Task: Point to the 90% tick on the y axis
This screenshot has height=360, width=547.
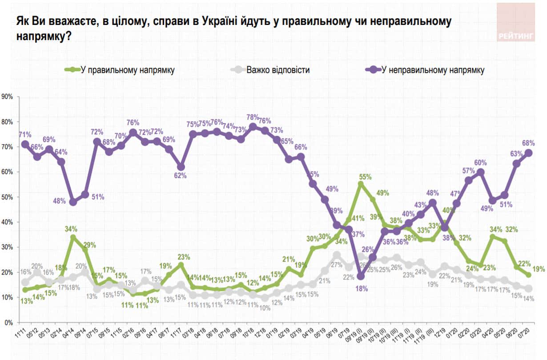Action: coord(8,97)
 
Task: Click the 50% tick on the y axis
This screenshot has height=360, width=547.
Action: coord(8,197)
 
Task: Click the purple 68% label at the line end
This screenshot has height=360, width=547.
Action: coord(528,143)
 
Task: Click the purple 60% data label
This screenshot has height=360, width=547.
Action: coord(480,162)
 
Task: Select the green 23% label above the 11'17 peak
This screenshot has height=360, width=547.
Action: coord(184,256)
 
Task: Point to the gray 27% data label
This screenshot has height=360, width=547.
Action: coord(335,265)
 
